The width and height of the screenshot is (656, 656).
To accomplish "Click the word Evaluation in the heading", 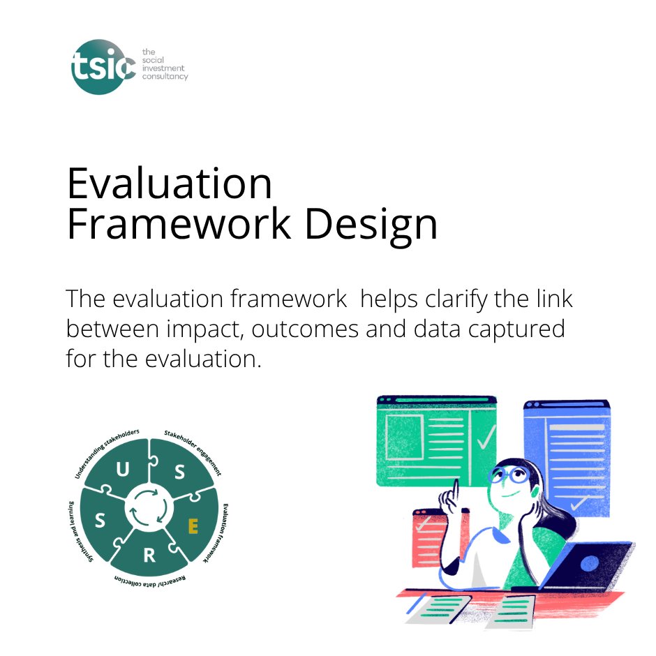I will click(x=170, y=184).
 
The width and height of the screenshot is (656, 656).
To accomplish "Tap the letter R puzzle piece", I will click(x=149, y=556).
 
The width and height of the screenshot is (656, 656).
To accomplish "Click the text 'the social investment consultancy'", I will click(x=164, y=64).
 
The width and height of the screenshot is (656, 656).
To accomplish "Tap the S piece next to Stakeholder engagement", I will click(x=179, y=472).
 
